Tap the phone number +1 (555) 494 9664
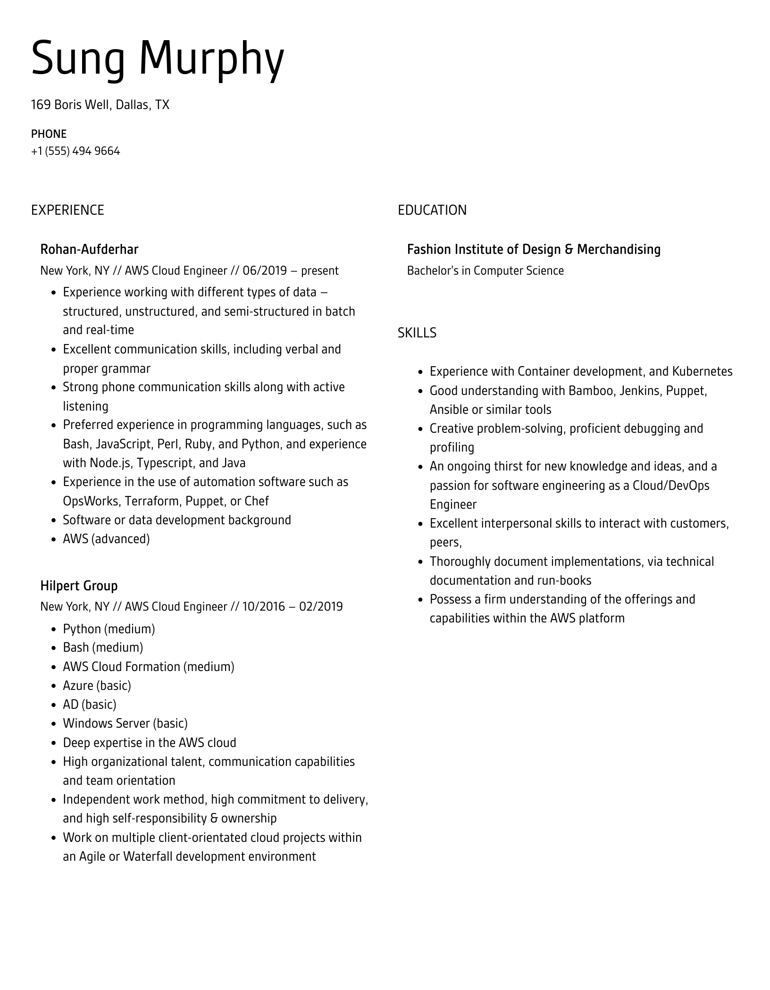tap(75, 151)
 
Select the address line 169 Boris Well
tap(100, 104)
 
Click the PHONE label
tap(49, 134)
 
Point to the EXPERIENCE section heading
tap(67, 210)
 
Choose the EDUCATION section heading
tap(432, 210)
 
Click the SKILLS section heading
tap(417, 333)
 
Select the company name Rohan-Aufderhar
tap(89, 249)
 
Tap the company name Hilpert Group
tap(79, 586)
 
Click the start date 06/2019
tap(265, 270)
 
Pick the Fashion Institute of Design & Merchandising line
tap(534, 249)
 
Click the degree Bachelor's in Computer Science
tap(485, 270)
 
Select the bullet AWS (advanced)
tap(106, 539)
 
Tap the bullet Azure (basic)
tap(97, 685)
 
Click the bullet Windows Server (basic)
tap(125, 723)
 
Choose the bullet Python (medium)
tap(109, 629)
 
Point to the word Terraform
tap(153, 501)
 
